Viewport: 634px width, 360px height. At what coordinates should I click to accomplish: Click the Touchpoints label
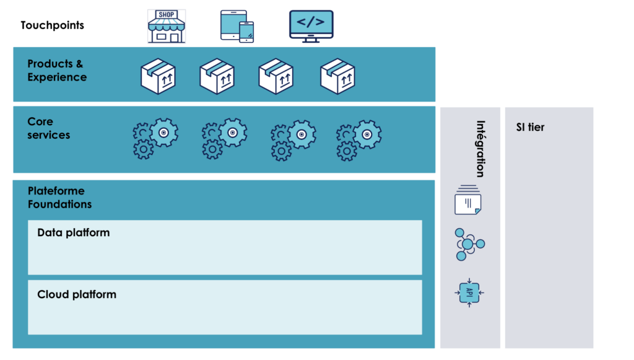point(52,25)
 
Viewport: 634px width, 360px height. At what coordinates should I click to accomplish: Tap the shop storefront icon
point(167,26)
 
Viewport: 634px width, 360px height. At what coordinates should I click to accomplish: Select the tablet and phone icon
point(237,26)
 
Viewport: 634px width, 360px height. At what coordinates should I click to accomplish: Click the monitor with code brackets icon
point(311,26)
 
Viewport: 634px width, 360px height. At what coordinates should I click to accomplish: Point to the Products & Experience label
point(56,71)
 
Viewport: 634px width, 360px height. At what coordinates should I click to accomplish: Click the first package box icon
point(158,77)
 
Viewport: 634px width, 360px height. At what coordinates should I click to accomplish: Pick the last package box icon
point(337,77)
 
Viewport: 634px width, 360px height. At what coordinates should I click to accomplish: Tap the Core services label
point(48,128)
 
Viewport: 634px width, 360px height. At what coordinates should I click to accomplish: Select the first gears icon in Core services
point(155,139)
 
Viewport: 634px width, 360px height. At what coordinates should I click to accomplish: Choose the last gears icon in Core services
point(358,139)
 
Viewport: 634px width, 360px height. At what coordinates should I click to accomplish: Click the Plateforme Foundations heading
point(59,198)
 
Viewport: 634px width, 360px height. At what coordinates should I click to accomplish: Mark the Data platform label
point(73,233)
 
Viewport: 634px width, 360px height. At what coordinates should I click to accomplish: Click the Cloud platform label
point(76,294)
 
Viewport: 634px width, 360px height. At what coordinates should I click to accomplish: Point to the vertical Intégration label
point(479,149)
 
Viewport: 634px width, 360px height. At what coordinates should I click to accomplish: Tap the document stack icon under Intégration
point(468,200)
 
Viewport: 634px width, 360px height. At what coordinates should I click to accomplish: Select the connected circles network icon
point(469,244)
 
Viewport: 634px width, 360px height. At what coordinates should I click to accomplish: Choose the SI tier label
point(530,128)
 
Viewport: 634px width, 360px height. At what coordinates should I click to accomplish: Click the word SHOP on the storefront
point(167,15)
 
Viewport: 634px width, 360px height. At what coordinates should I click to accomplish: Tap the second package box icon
point(217,77)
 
